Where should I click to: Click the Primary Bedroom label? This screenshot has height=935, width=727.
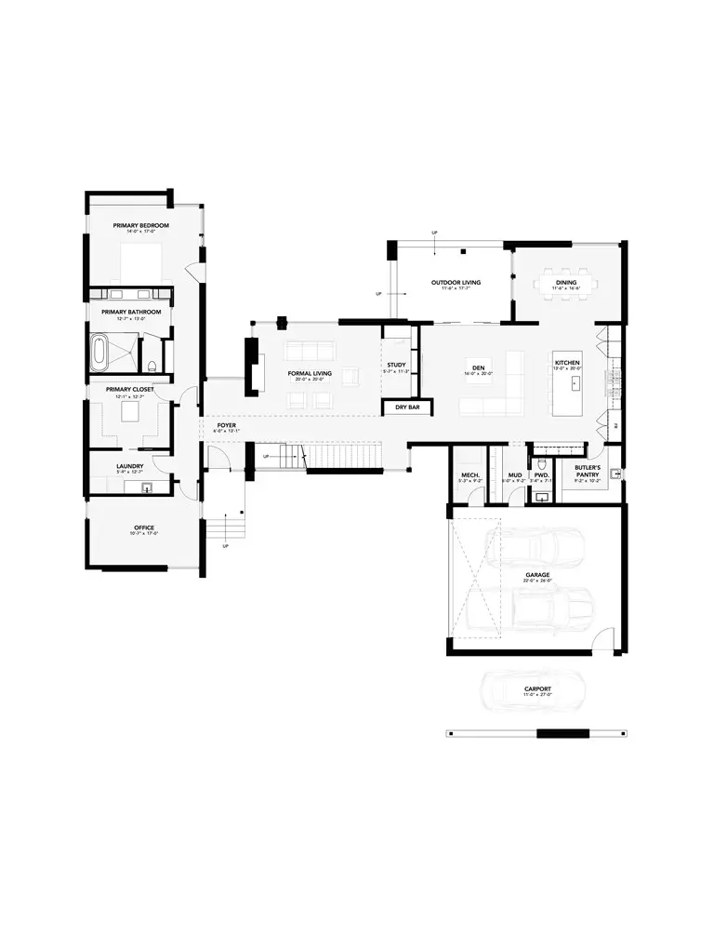click(141, 225)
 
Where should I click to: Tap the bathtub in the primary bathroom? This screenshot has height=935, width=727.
click(100, 353)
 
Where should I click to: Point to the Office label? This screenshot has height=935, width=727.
click(143, 528)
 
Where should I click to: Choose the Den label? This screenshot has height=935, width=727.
click(478, 368)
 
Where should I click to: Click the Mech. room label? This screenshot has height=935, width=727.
click(469, 475)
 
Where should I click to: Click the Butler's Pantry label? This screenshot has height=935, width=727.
click(587, 470)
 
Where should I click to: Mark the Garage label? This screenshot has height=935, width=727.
click(537, 575)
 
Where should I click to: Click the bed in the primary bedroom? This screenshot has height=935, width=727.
click(141, 261)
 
